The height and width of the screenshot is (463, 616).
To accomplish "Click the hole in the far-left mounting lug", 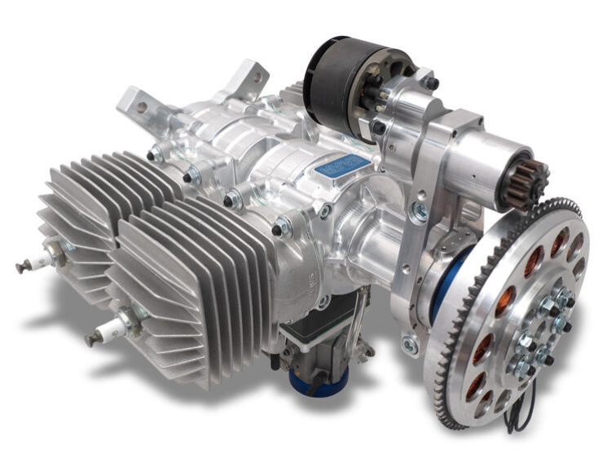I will tap(141, 106).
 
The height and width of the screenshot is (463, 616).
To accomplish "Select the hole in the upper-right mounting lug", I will tap(257, 78).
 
